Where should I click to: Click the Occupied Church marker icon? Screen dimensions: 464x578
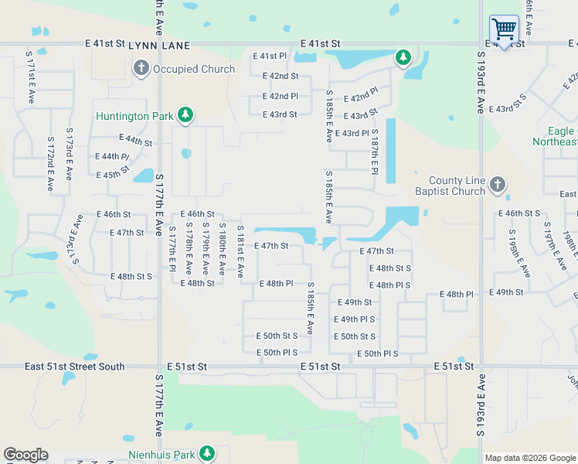(x=141, y=69)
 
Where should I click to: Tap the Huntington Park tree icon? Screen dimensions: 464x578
(x=185, y=116)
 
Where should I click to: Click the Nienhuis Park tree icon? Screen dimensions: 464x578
(x=206, y=453)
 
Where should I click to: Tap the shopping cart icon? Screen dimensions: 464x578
(x=504, y=30)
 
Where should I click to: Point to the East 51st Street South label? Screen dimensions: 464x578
(x=74, y=367)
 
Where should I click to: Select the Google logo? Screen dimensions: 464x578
(x=25, y=455)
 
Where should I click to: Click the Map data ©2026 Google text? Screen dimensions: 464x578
(x=530, y=458)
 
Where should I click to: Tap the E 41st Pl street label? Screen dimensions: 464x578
(x=270, y=56)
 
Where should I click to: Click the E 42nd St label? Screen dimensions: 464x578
(x=280, y=76)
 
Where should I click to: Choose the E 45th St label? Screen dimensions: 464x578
(x=113, y=174)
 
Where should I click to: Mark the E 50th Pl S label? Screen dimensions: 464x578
(x=377, y=353)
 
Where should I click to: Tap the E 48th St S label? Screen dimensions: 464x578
(x=390, y=268)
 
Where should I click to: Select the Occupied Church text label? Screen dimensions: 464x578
(x=194, y=69)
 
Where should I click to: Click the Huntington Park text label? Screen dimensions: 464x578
(x=134, y=117)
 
